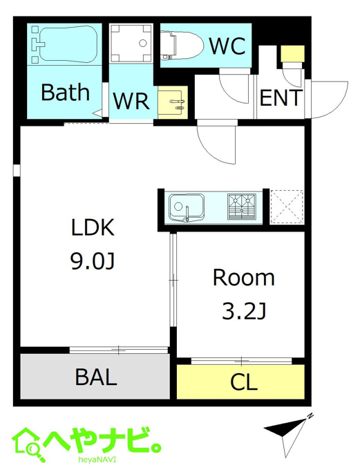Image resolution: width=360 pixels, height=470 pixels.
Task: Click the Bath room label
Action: [66, 92]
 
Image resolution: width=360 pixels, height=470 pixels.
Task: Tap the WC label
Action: [227, 46]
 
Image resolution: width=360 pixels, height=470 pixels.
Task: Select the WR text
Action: [131, 101]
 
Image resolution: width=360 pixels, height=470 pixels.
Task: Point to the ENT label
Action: [280, 97]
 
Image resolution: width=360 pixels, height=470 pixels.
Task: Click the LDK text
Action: [93, 227]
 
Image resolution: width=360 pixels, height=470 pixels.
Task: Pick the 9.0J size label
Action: [93, 261]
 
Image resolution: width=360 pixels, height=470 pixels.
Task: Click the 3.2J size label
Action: [244, 311]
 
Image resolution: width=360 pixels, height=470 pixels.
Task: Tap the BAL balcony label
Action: [96, 377]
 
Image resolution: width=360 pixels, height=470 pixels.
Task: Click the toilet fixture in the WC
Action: [182, 45]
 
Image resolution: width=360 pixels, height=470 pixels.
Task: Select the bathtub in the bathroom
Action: [68, 44]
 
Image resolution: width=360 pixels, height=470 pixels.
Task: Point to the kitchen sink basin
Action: [186, 207]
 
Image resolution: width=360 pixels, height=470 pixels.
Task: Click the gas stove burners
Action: [242, 207]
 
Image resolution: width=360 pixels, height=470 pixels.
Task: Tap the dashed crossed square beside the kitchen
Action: [287, 207]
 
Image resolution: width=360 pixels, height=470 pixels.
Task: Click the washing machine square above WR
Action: [131, 43]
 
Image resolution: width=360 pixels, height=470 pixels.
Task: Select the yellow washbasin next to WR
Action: [173, 102]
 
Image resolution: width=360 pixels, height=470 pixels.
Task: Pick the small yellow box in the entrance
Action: [292, 53]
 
